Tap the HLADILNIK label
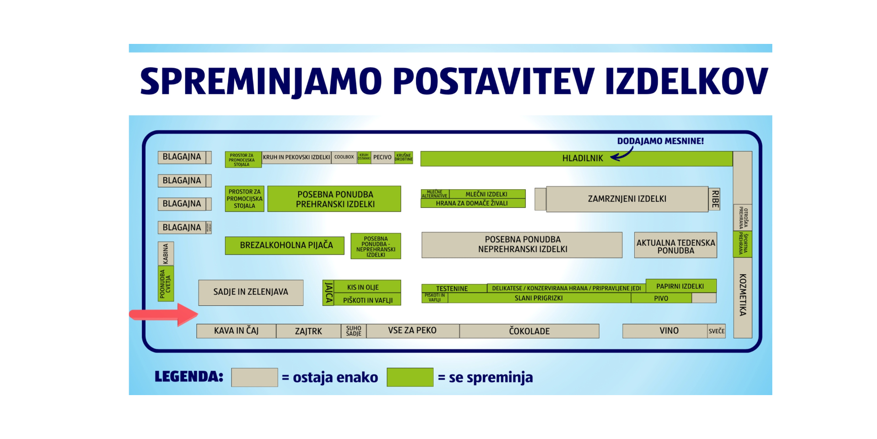coord(582,159)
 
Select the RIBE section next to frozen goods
coord(715,199)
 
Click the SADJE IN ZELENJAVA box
coord(250,292)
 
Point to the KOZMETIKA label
coord(743,295)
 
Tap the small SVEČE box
coord(716,331)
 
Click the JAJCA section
coord(329,293)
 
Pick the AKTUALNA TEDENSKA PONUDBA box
coord(675,245)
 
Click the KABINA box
coord(166,254)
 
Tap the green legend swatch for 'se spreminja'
coord(410,377)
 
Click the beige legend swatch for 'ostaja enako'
coord(254,377)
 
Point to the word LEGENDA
coord(189,377)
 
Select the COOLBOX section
coord(344,157)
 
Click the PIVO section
coord(661,299)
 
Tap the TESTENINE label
coord(452,288)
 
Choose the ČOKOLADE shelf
coord(529,331)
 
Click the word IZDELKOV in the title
coord(686,81)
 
